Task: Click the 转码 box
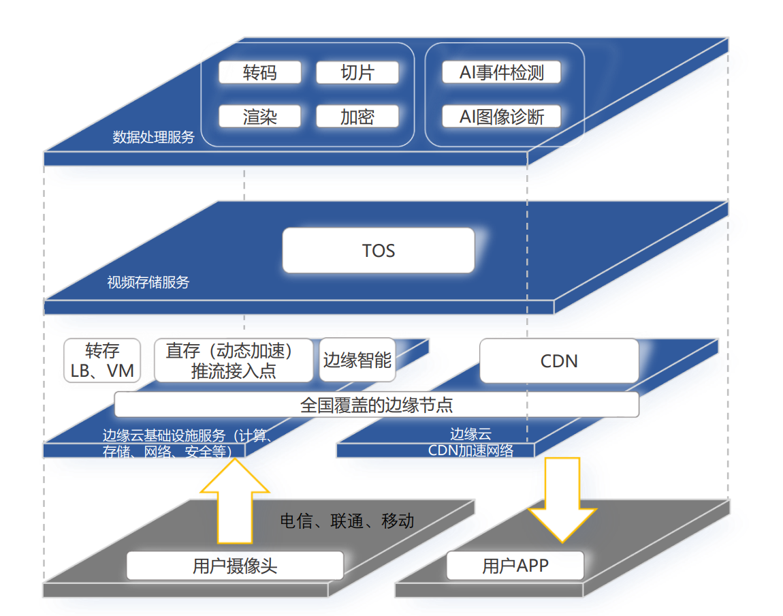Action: pyautogui.click(x=259, y=73)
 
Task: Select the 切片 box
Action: pyautogui.click(x=357, y=73)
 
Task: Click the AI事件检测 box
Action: pyautogui.click(x=502, y=73)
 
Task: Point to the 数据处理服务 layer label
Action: pyautogui.click(x=154, y=137)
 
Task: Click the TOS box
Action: pyautogui.click(x=379, y=251)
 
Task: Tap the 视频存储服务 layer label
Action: pyautogui.click(x=148, y=282)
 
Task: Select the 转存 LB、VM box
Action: pyautogui.click(x=102, y=360)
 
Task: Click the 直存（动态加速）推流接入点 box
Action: pyautogui.click(x=234, y=360)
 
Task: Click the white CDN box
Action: pyautogui.click(x=559, y=360)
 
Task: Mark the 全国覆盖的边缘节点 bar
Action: pyautogui.click(x=377, y=404)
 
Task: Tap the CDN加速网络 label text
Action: pyautogui.click(x=470, y=450)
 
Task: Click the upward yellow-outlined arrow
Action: pyautogui.click(x=234, y=501)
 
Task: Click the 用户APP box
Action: pyautogui.click(x=515, y=566)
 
